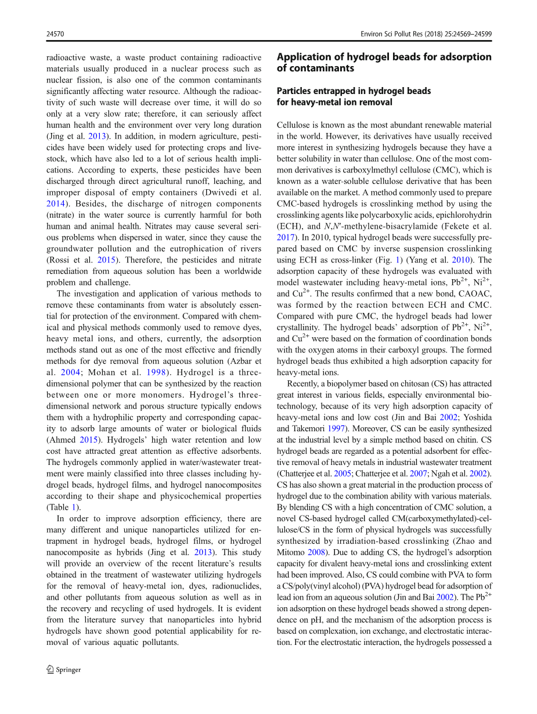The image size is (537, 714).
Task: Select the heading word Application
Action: tap(304, 57)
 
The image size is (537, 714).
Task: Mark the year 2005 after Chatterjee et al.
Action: tap(342, 474)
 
